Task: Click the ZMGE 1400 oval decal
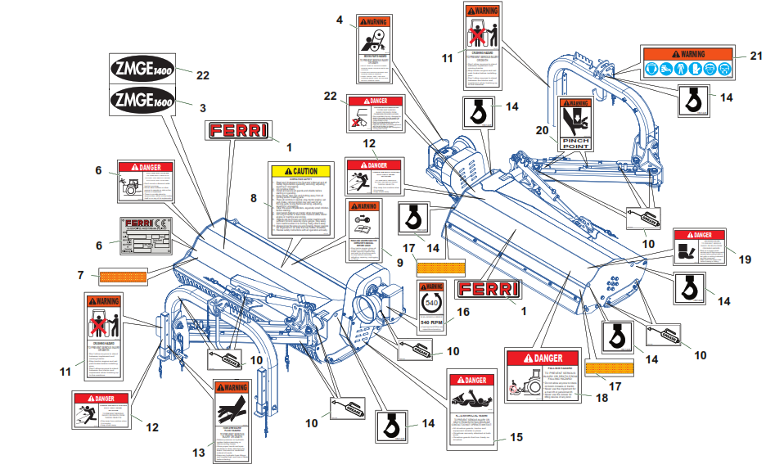pos(146,69)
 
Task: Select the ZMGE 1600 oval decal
pos(146,102)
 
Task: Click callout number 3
pos(202,107)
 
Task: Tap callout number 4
pos(340,20)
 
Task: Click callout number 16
pos(464,312)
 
